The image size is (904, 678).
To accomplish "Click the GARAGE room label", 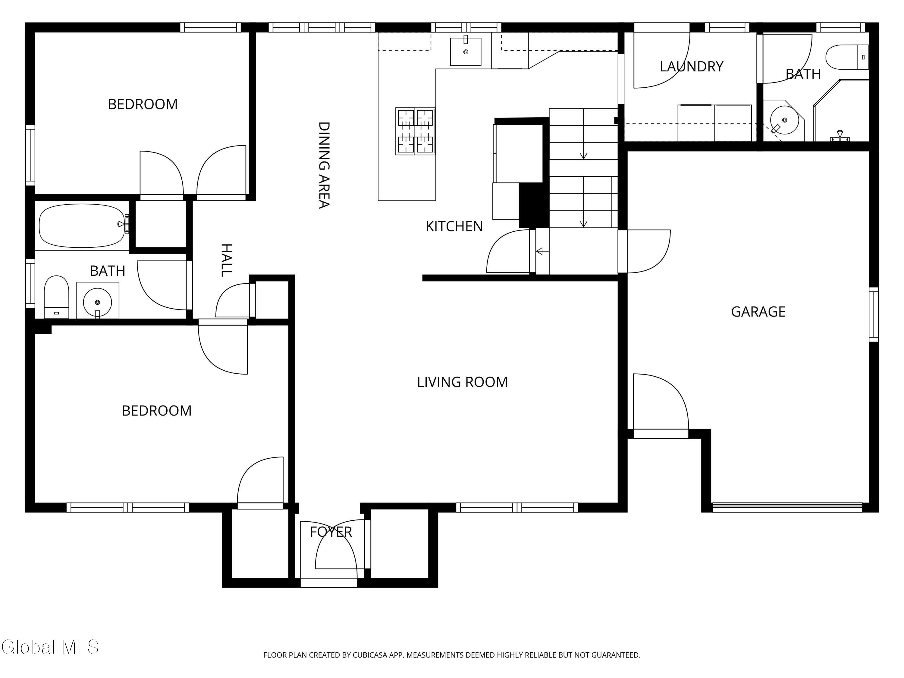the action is coord(758,312).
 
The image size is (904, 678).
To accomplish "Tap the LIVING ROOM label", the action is coord(462,382).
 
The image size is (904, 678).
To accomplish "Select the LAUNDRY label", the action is coord(692,67).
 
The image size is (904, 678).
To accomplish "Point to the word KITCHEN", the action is coord(454,226).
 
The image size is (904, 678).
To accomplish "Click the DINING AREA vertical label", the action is coord(324,165).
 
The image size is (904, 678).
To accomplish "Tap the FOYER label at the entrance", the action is coord(331,532).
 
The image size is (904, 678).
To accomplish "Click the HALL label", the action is coord(226,260).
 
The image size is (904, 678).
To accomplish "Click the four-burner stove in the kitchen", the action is coord(415,131).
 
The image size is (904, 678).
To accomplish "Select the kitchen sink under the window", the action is coord(466,51).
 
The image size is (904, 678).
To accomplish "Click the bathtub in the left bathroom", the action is coord(82,226).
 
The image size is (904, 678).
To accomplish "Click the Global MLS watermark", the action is coord(50,647).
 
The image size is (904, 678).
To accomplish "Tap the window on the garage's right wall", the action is coord(873,314).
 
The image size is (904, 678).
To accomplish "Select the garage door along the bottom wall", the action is coord(787,507).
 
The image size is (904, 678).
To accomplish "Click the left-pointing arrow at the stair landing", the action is coord(542,251).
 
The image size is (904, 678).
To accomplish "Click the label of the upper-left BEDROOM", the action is coord(143,104).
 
